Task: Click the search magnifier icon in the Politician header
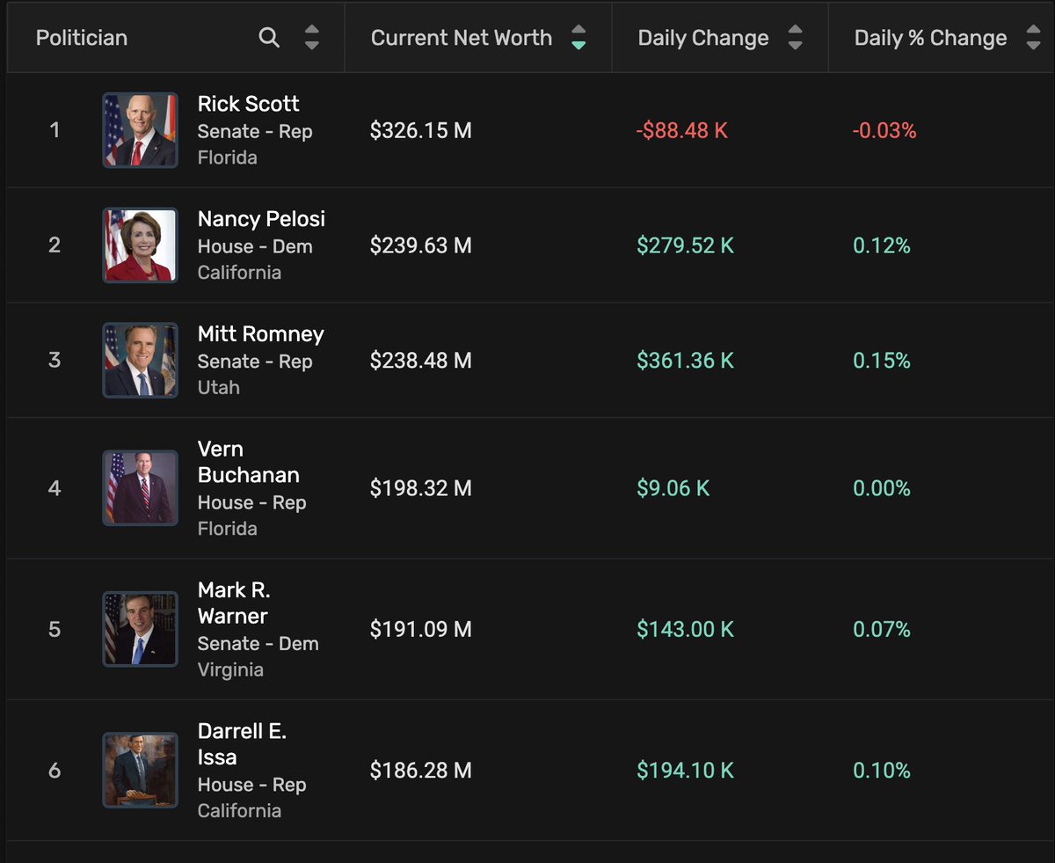[269, 38]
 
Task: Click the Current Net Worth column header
[462, 38]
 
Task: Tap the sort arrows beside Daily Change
[795, 38]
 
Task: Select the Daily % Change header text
[930, 38]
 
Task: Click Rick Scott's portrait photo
[140, 130]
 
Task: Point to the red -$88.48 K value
[681, 131]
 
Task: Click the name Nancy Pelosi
[261, 219]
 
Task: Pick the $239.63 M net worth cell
[420, 245]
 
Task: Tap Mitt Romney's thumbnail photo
[140, 361]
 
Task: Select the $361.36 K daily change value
[685, 361]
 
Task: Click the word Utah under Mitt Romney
[218, 387]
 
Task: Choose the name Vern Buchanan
[248, 462]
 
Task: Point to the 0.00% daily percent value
[882, 488]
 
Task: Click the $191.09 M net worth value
[420, 630]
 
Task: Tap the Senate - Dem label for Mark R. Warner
[258, 643]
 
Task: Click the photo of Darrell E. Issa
[140, 771]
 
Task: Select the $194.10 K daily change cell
[685, 771]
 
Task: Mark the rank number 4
[55, 488]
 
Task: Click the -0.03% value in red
[884, 131]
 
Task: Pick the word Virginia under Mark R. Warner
[230, 669]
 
